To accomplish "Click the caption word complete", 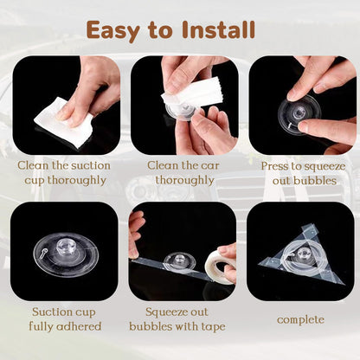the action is [x=300, y=320].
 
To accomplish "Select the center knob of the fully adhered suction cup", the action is [x=66, y=247].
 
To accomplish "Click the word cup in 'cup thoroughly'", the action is [x=35, y=181].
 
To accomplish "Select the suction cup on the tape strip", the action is [x=180, y=261].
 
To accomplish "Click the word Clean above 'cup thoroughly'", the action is [x=33, y=165].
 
